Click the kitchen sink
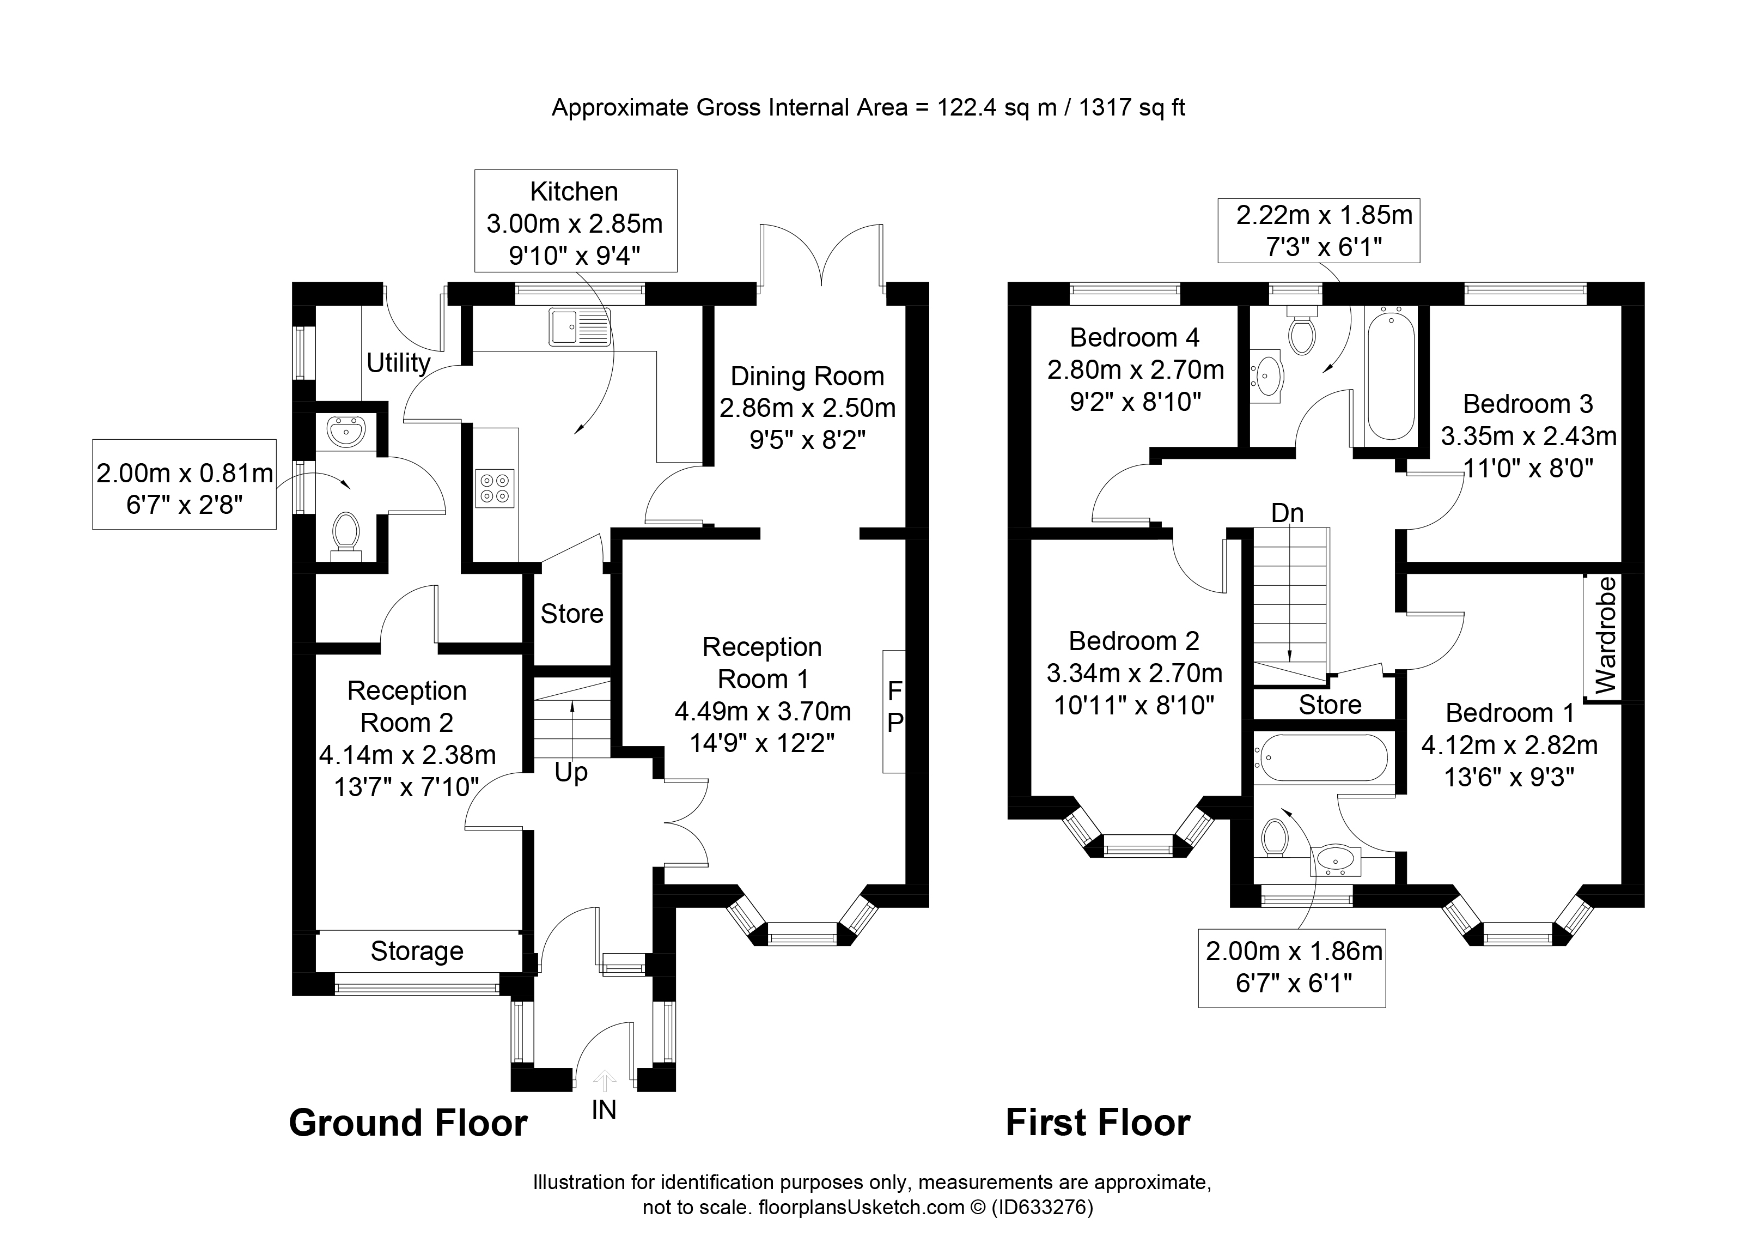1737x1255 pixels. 580,327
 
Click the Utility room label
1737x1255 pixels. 398,362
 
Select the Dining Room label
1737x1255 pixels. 807,376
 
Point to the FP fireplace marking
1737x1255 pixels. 894,706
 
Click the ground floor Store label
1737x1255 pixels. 572,614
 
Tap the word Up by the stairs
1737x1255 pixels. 571,774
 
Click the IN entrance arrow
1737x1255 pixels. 604,1080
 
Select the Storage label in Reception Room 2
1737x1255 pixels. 417,951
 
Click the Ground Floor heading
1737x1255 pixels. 408,1123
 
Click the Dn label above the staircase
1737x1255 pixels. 1288,513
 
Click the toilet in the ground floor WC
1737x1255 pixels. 346,534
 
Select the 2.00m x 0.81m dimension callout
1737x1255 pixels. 185,484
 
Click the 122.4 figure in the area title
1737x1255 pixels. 967,107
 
